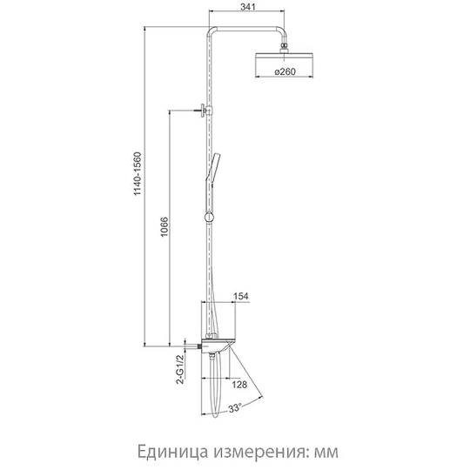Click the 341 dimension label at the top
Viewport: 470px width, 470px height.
(248, 7)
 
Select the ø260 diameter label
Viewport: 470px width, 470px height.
(285, 72)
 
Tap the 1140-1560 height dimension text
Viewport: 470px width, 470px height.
(137, 174)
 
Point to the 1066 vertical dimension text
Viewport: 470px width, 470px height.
(164, 227)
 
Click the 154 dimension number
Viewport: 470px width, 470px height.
(241, 296)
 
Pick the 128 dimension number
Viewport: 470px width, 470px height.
(239, 385)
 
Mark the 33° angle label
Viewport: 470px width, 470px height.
(235, 408)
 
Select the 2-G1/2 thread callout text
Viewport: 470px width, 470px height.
(180, 369)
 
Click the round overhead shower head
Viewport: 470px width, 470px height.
(284, 58)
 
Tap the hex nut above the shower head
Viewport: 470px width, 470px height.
(284, 47)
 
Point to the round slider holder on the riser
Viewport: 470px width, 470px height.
(209, 217)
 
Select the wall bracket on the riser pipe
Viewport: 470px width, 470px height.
(206, 111)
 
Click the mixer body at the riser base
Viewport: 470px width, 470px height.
(218, 346)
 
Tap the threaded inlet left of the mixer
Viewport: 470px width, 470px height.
(198, 346)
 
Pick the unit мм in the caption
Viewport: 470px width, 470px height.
(326, 453)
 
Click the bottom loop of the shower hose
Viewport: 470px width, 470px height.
(215, 415)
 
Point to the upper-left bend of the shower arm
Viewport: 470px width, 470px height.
(211, 31)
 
